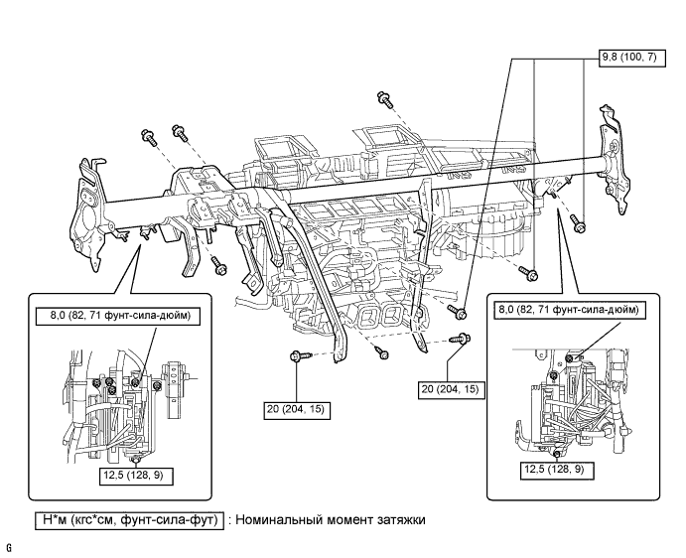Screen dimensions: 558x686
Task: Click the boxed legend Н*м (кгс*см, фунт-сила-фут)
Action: (x=125, y=518)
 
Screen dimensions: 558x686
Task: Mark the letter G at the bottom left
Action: (x=8, y=547)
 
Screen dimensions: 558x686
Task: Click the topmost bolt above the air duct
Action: (x=383, y=97)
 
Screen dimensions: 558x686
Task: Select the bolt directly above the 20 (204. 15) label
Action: (x=296, y=355)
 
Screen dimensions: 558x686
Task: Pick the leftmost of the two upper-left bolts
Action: (x=147, y=136)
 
